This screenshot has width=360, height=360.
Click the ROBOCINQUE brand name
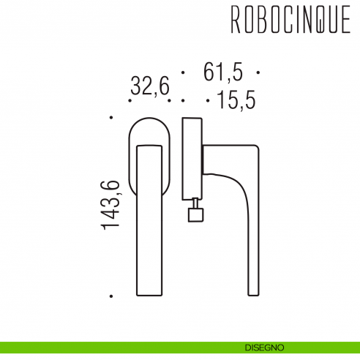[290, 22]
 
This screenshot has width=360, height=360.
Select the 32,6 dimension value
[149, 86]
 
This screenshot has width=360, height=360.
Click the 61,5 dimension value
[222, 72]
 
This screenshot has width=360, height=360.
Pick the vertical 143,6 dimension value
[110, 206]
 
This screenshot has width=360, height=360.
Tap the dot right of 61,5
[260, 73]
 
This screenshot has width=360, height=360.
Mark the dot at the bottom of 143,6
[110, 296]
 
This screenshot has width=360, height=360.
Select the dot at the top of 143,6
[110, 117]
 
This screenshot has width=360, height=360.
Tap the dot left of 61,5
[182, 73]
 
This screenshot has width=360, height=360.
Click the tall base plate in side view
[191, 157]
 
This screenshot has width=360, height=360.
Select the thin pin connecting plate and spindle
[195, 203]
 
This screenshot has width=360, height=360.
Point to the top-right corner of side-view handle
[257, 146]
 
